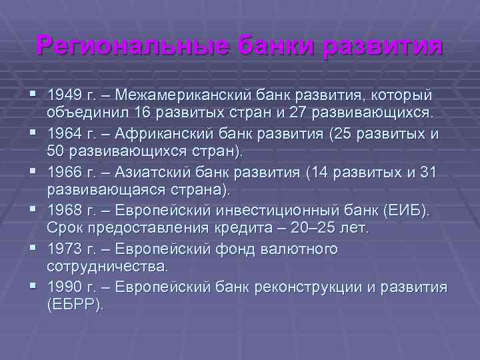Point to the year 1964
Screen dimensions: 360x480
pyautogui.click(x=64, y=133)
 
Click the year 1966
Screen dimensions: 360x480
pyautogui.click(x=64, y=172)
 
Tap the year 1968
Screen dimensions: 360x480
pyautogui.click(x=64, y=211)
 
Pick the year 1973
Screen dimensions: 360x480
pyautogui.click(x=64, y=249)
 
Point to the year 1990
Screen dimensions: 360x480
pyautogui.click(x=64, y=287)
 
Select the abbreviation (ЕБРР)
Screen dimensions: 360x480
pyautogui.click(x=75, y=305)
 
